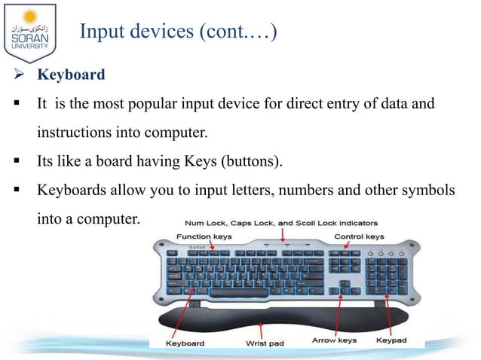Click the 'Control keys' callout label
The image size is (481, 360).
[x=358, y=236]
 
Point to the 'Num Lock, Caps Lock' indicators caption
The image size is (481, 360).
[x=282, y=223]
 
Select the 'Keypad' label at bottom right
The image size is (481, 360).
[x=391, y=341]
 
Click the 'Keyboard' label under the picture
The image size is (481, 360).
[x=185, y=343]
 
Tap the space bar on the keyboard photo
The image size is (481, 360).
[x=241, y=291]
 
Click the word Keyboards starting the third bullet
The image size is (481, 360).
[x=72, y=191]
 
